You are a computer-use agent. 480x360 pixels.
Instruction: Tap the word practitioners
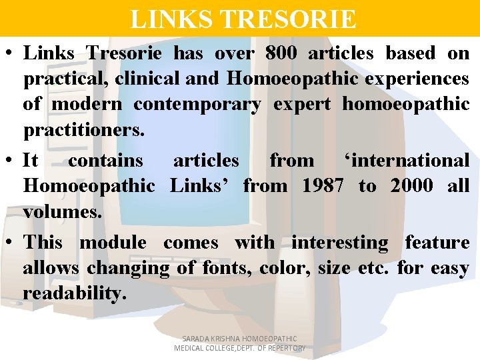pos(83,130)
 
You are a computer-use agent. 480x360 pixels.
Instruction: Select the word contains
pos(105,161)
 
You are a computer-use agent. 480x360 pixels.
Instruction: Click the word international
pos(407,161)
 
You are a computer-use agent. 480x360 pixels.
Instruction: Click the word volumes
pos(62,212)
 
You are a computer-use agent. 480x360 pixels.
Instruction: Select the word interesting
pos(339,243)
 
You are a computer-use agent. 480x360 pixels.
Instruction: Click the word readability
pos(74,294)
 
